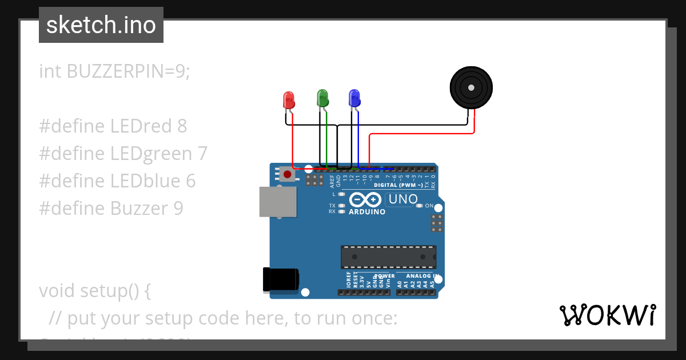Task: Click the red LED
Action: coord(289,101)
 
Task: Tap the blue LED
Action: coord(354,98)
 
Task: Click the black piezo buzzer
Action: coord(470,87)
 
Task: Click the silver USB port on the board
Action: coord(278,202)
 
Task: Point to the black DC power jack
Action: coord(280,279)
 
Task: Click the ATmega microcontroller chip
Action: coord(388,257)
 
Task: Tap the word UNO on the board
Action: coord(402,199)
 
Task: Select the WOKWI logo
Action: coord(607,315)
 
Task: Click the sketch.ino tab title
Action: coord(101,25)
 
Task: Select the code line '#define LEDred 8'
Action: coord(113,126)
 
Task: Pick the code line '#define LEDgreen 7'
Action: coord(123,153)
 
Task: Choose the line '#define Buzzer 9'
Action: coord(111,208)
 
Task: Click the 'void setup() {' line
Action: coord(95,290)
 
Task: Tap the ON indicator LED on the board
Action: coord(420,206)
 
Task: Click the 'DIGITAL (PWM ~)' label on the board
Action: coord(398,185)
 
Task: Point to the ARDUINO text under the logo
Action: coord(366,211)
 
